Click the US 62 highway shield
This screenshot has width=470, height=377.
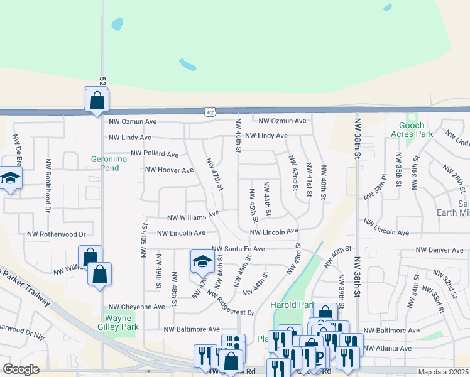coord(209,112)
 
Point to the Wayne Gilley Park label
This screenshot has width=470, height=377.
coord(117,322)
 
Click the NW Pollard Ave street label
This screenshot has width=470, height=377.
coord(155,154)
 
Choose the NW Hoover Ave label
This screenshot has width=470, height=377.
coord(169,170)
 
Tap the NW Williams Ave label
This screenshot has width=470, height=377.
coord(193,217)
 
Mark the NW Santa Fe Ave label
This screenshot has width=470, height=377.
coord(238,249)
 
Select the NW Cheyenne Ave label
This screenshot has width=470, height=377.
coord(136,307)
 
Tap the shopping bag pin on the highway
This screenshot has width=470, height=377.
coord(97,101)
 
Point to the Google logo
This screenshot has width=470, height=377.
coord(21,370)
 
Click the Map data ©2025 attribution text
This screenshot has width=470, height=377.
coord(443,372)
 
